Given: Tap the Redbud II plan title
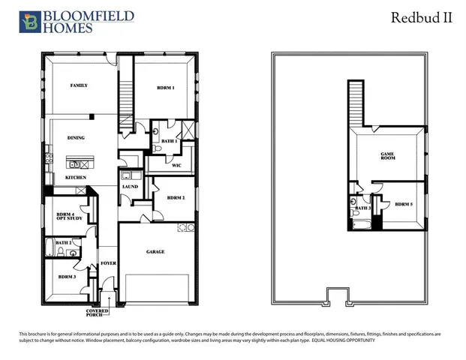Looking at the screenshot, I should (x=422, y=18).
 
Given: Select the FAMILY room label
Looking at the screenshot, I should (x=79, y=85).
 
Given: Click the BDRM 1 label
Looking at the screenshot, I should (x=165, y=88).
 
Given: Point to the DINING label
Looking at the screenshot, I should (x=75, y=138).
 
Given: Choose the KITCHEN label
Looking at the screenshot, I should (x=75, y=177).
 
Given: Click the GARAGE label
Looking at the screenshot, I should (x=155, y=252).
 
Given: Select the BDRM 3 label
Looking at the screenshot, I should (x=67, y=277).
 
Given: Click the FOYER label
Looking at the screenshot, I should (x=108, y=263).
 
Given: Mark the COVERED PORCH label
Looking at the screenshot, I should (x=98, y=313).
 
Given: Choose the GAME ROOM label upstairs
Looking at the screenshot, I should (x=387, y=156).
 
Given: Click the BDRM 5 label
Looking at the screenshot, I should (x=404, y=204).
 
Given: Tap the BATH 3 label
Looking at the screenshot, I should (x=363, y=208).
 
